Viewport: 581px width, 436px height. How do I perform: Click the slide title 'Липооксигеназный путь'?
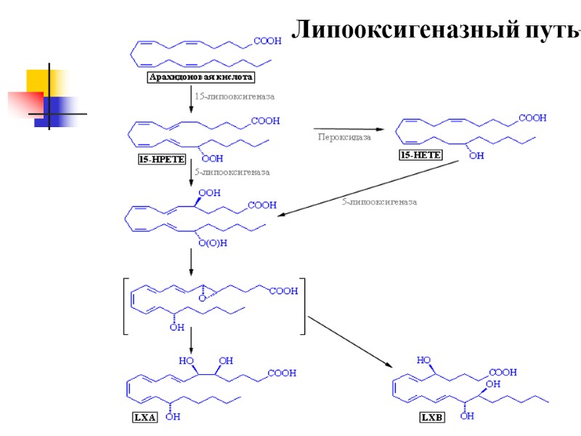point(436,31)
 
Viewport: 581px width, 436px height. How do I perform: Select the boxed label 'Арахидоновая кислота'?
point(201,76)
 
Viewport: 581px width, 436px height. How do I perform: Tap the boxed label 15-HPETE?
point(162,158)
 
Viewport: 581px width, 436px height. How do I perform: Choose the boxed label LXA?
point(145,418)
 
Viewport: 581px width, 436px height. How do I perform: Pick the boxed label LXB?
point(431,418)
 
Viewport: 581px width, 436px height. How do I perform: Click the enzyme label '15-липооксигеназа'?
point(235,95)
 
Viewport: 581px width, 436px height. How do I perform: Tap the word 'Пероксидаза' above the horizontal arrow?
point(344,136)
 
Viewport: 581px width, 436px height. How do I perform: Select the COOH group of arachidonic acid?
point(267,42)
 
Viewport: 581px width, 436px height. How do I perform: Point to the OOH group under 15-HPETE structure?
point(212,158)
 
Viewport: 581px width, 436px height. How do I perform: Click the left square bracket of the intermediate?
point(126,306)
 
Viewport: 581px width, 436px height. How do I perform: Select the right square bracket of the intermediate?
point(301,306)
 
